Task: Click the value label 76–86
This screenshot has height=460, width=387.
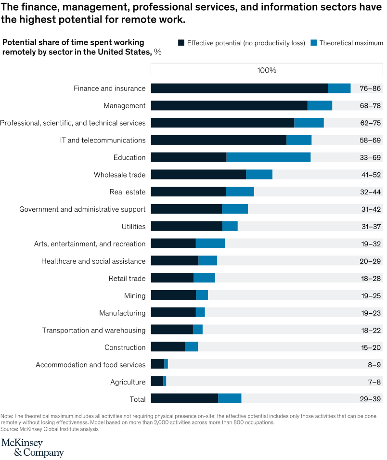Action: [370, 89]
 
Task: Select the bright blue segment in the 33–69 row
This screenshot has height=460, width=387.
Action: [268, 157]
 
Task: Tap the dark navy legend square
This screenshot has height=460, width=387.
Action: [181, 43]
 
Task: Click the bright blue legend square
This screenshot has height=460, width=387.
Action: [313, 43]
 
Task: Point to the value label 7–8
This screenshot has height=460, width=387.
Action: [374, 382]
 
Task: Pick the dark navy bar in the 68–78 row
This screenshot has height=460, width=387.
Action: [229, 106]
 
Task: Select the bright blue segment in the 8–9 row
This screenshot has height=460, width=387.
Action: [166, 364]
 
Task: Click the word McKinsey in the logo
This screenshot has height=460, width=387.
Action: [22, 443]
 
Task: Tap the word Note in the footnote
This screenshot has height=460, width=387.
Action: [6, 415]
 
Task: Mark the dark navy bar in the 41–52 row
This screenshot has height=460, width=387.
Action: [198, 175]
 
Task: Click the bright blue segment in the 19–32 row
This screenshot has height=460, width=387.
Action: [210, 243]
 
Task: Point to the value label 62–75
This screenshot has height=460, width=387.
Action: [370, 123]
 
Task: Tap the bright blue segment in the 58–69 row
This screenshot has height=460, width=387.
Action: [298, 140]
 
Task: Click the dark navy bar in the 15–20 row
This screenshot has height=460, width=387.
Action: [168, 347]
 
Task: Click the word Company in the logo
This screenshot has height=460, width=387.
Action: [44, 453]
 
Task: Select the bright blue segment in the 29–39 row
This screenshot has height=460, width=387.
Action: [230, 398]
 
